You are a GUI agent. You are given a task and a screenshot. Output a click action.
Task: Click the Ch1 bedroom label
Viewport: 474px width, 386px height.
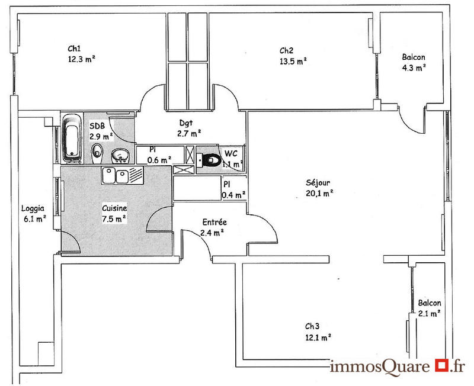click(74, 49)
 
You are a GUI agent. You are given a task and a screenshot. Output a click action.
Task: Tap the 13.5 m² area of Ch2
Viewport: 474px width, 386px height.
click(293, 60)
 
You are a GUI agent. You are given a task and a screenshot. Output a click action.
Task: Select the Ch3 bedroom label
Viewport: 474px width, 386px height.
click(312, 326)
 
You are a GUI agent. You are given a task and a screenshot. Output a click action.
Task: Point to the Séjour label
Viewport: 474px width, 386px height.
click(318, 182)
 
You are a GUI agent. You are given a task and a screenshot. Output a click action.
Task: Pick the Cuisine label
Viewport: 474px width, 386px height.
click(114, 208)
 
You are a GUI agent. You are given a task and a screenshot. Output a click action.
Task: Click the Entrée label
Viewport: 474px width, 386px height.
click(214, 223)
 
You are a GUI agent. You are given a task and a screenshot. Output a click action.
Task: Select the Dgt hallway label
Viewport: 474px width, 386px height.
click(186, 123)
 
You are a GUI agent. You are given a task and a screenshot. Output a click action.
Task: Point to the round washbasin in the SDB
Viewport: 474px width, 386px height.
click(121, 156)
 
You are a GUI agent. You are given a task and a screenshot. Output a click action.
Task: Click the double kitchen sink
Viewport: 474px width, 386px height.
click(116, 175)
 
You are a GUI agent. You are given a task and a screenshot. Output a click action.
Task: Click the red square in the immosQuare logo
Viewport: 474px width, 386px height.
click(440, 365)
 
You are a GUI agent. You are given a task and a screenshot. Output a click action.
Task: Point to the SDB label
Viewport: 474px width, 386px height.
click(97, 126)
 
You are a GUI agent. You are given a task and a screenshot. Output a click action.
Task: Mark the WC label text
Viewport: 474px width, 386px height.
click(230, 154)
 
